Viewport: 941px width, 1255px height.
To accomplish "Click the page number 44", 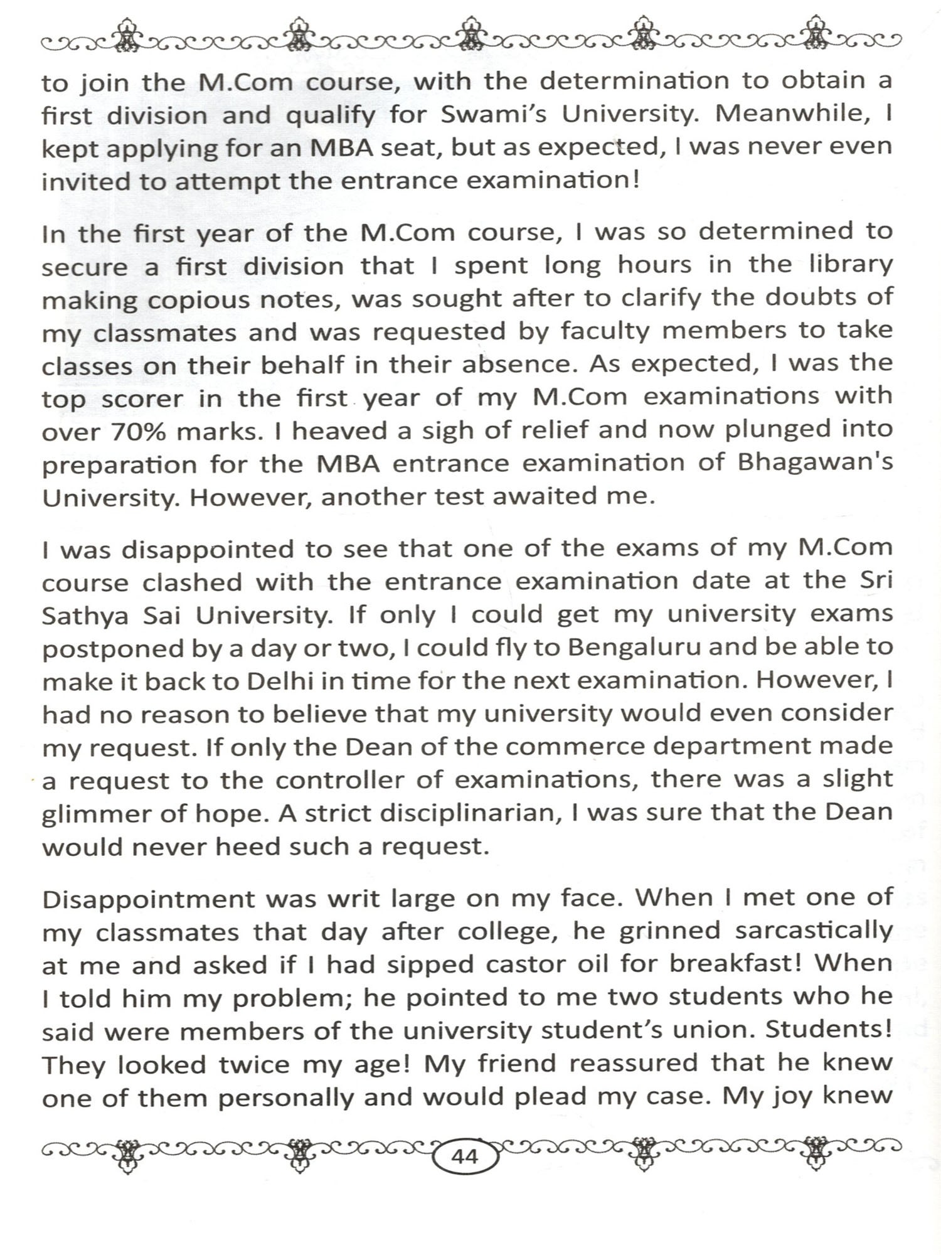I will [x=465, y=1155].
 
